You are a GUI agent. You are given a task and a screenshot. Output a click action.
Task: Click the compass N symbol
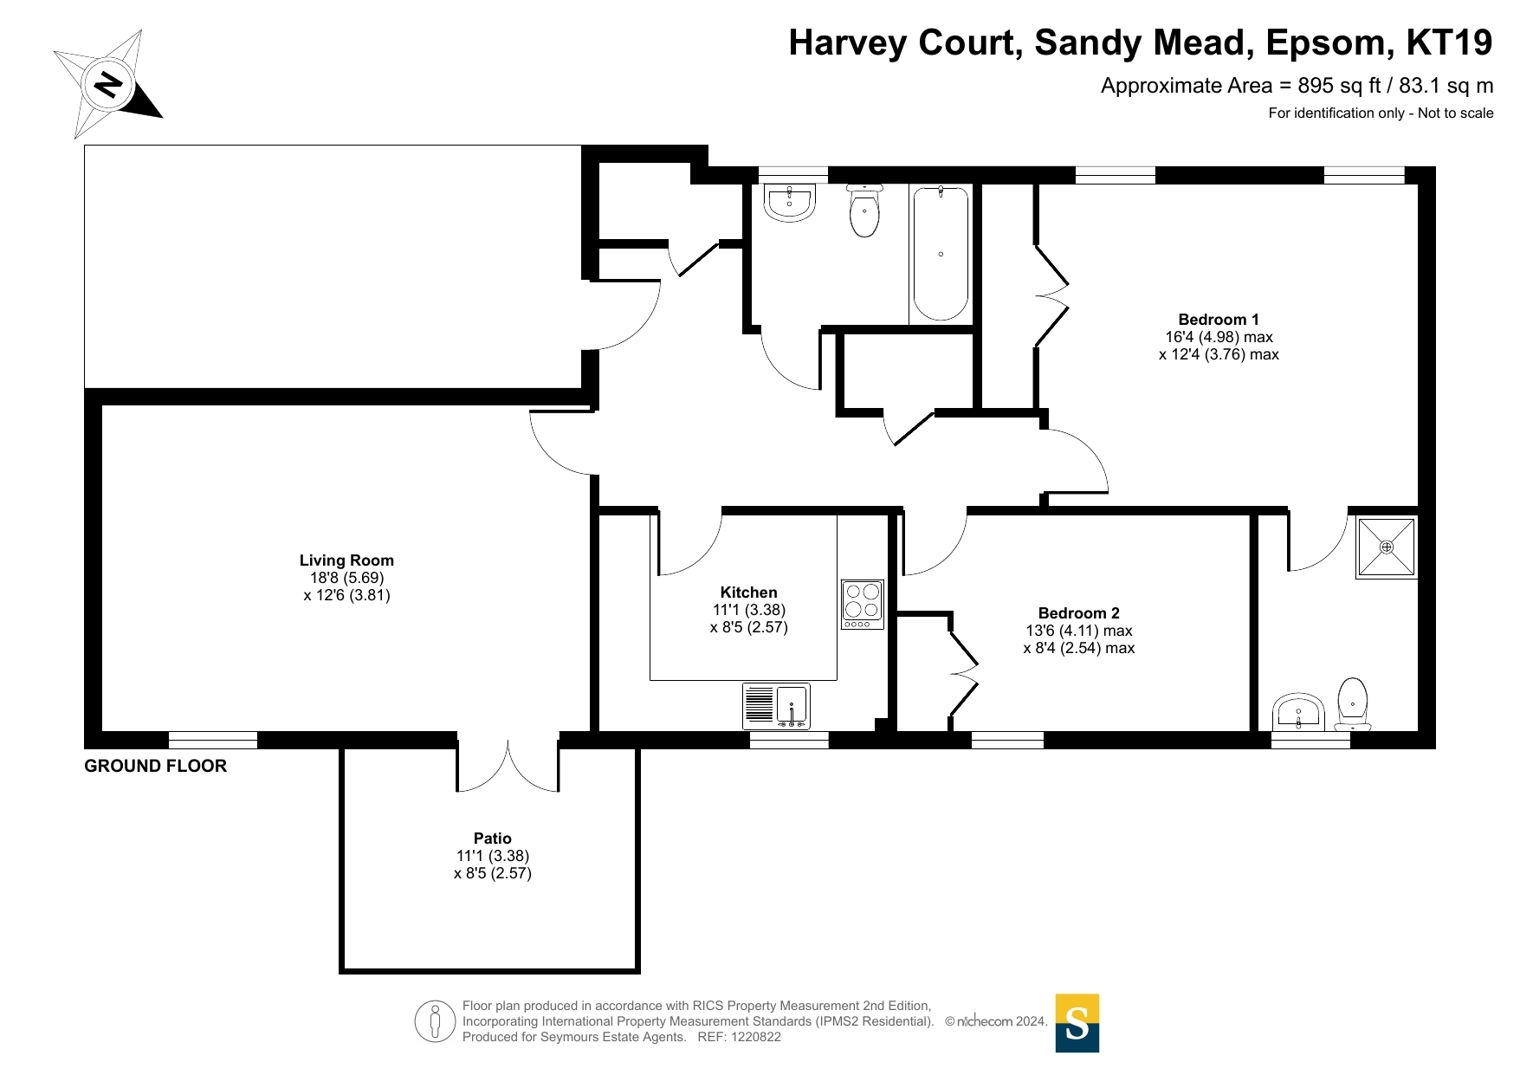tap(108, 85)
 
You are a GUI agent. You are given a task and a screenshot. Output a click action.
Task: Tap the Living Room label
tap(346, 560)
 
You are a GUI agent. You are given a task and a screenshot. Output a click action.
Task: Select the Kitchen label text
tap(749, 593)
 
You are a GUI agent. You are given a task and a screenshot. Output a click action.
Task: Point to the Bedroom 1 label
tap(1219, 320)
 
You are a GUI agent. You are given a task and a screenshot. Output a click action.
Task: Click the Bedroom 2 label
tap(1079, 613)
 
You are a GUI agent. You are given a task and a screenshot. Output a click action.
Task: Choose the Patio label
tap(493, 839)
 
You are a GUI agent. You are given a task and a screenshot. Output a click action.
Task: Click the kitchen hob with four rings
tap(862, 605)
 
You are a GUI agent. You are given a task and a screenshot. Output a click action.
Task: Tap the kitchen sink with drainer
tap(776, 705)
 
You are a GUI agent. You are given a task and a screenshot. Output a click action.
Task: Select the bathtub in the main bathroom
tap(941, 253)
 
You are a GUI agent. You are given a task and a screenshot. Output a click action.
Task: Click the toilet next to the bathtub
tap(864, 210)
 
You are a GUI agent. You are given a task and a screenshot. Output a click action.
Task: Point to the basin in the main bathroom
tap(789, 203)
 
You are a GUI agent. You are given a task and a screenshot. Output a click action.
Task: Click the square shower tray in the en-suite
tap(1387, 547)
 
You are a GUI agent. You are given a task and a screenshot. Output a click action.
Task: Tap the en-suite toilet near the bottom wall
tap(1353, 704)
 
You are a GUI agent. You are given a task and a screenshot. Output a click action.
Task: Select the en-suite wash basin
tap(1298, 713)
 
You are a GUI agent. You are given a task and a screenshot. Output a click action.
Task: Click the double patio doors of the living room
tap(508, 766)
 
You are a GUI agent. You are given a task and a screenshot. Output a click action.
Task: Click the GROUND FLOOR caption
tap(156, 766)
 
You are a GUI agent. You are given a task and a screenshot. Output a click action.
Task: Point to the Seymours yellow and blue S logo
tap(1077, 1023)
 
